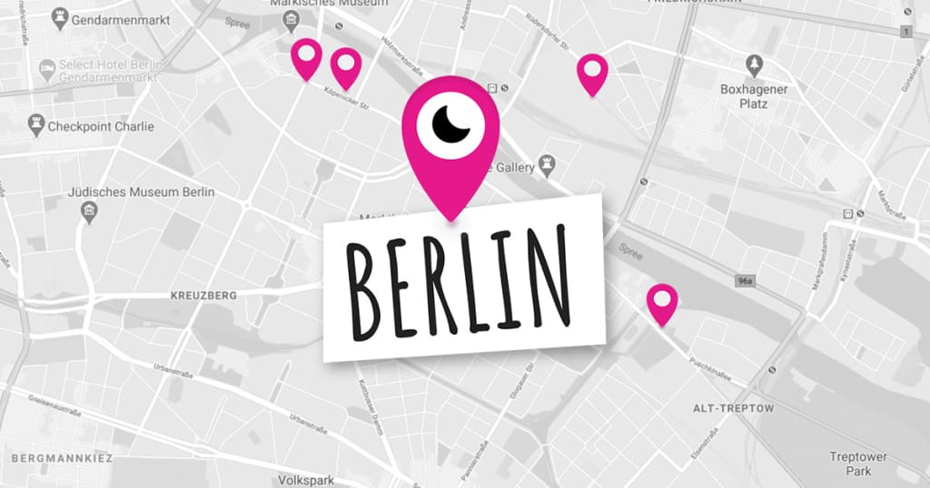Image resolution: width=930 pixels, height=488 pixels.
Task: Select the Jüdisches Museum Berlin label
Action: coord(141,192)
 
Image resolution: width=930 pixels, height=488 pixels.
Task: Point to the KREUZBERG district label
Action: coord(203,296)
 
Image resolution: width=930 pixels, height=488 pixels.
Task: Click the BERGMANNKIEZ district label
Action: coord(56,459)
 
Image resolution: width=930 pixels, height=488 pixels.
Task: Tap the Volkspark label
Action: coord(306,480)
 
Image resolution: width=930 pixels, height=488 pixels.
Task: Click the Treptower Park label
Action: coord(857,464)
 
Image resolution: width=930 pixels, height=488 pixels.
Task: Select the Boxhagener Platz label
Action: coord(754,96)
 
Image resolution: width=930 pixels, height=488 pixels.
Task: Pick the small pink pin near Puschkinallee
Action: coord(661,301)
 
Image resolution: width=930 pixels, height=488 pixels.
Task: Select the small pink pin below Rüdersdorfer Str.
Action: coord(592,72)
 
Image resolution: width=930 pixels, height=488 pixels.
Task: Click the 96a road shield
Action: coord(745,282)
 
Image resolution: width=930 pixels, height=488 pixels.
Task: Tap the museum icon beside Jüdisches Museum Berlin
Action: coord(89,212)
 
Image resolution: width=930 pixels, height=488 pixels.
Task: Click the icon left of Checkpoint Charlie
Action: coord(36,126)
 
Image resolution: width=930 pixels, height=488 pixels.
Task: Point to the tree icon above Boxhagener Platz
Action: coord(754,65)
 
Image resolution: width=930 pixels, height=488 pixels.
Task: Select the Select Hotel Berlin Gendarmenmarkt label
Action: coord(111,73)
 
